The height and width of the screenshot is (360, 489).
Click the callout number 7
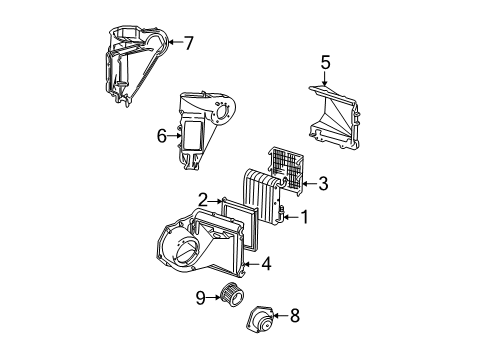point(187,42)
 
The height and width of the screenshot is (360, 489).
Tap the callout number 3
point(322,183)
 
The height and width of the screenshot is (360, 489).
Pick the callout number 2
point(202,199)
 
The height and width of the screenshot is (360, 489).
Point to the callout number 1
point(305,216)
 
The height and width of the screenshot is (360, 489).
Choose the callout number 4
point(267,264)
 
